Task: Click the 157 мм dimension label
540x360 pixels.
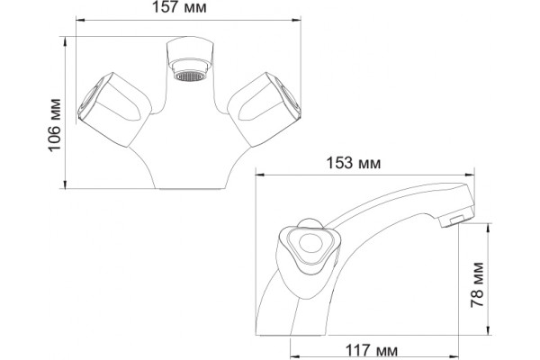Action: point(180,7)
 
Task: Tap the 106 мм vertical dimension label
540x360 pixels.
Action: point(54,125)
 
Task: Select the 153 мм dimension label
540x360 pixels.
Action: point(354,163)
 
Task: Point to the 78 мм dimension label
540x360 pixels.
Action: point(477,285)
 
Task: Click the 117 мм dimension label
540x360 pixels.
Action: point(371,351)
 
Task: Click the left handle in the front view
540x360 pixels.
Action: point(114,110)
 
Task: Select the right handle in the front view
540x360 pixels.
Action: point(264,110)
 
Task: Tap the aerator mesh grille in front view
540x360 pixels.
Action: point(188,76)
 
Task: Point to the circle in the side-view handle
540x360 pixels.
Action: point(311,244)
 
